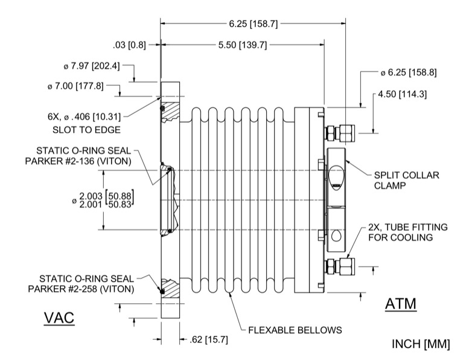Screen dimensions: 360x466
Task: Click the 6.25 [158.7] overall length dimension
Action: tap(254, 24)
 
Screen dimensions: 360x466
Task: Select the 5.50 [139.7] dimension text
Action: tap(243, 45)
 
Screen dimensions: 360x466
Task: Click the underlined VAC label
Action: tap(59, 318)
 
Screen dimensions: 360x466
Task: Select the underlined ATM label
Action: tap(400, 304)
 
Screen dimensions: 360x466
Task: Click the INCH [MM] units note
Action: tap(421, 344)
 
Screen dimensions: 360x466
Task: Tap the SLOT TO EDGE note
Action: tap(81, 129)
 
